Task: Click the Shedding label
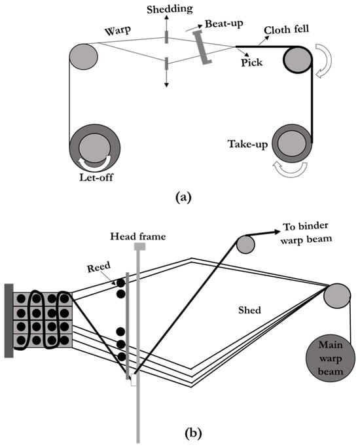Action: (170, 9)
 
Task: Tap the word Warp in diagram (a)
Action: (118, 31)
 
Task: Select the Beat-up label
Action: (224, 24)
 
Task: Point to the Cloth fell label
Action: (286, 29)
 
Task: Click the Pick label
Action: (252, 62)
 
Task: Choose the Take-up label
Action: (247, 144)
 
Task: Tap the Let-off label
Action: (96, 177)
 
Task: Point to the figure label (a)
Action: (183, 197)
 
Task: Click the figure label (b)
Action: (193, 433)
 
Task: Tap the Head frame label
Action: (138, 236)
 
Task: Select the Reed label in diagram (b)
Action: (99, 267)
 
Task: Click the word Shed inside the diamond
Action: (249, 310)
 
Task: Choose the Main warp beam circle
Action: (331, 359)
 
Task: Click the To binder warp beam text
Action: (306, 233)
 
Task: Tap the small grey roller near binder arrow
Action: (245, 245)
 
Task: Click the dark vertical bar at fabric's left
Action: (9, 321)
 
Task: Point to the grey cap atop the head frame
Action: (139, 247)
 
